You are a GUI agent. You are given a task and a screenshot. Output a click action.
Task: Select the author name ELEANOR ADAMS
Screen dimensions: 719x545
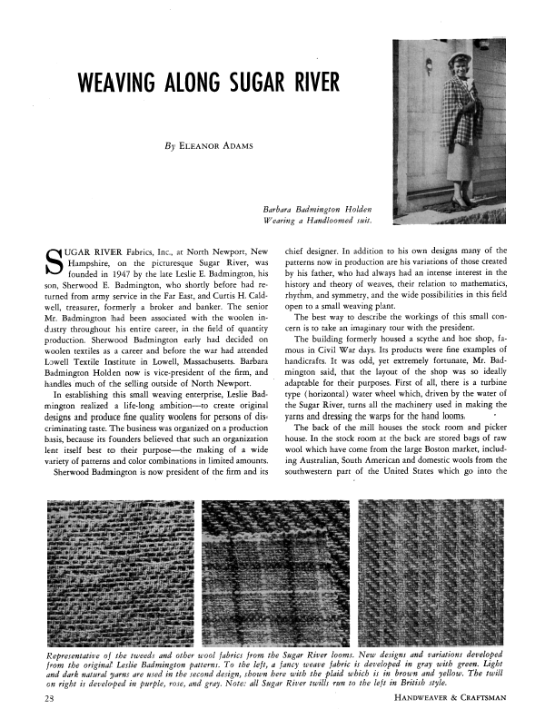tap(220, 144)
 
